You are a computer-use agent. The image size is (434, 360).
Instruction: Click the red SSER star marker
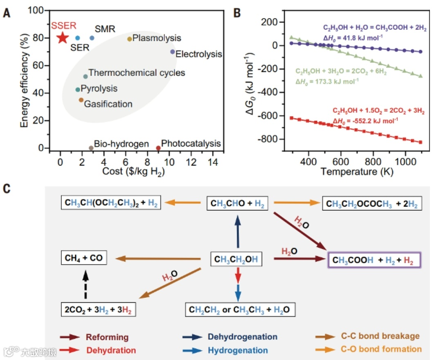pos(62,38)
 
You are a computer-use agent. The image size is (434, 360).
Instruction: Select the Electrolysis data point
pos(173,52)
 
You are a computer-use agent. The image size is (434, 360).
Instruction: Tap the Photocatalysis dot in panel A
pos(158,148)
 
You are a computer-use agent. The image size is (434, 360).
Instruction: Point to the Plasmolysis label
pos(157,38)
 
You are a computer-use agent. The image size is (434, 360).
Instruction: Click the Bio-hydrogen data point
pos(91,148)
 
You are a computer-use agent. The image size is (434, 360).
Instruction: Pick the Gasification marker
pos(81,100)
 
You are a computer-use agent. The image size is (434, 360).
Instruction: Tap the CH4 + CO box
pos(83,258)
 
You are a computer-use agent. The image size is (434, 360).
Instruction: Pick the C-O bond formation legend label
pos(381,349)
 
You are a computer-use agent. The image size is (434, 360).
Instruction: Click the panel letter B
pos(237,12)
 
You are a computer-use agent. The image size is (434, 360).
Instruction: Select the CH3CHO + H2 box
pos(237,202)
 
